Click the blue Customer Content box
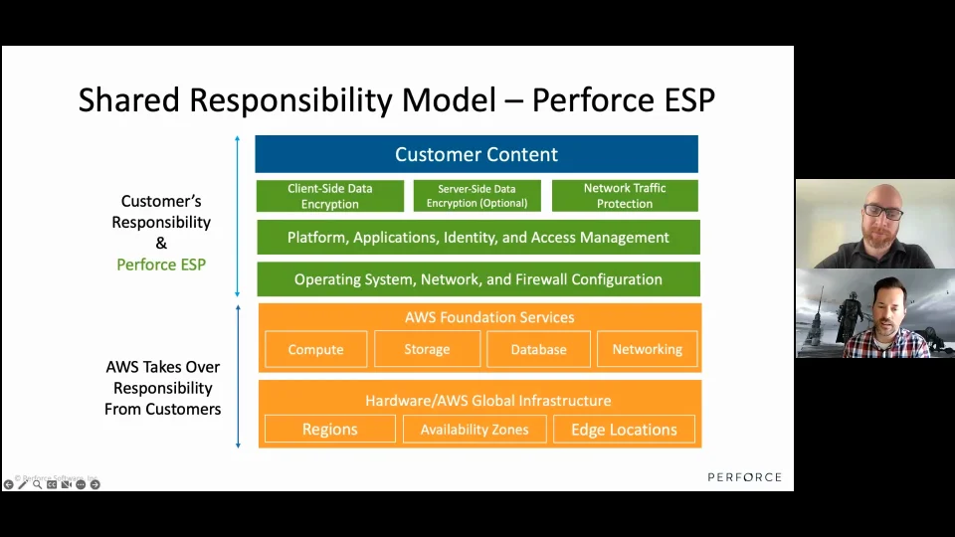click(x=477, y=154)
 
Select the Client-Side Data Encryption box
click(x=329, y=196)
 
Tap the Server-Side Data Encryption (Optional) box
click(x=477, y=196)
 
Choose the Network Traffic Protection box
click(x=625, y=196)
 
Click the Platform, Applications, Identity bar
click(x=477, y=238)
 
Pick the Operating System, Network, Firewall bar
click(x=477, y=279)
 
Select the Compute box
click(x=315, y=349)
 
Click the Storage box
click(x=427, y=349)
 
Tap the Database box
click(x=538, y=349)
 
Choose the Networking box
click(x=647, y=349)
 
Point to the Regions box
click(x=329, y=430)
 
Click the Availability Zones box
click(x=475, y=430)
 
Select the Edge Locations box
click(x=624, y=430)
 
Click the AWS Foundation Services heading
click(x=488, y=317)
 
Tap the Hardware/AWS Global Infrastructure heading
click(x=487, y=401)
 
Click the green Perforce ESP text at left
click(x=161, y=265)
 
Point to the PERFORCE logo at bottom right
click(x=744, y=477)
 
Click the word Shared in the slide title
click(x=129, y=100)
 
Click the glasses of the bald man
click(x=883, y=212)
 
